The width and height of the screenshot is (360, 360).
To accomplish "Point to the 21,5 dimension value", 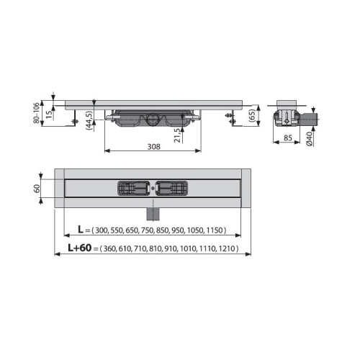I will pyautogui.click(x=176, y=135).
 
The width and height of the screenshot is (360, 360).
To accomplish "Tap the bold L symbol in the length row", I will pyautogui.click(x=81, y=230).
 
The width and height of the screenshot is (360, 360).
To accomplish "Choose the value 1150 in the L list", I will pyautogui.click(x=214, y=230).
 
